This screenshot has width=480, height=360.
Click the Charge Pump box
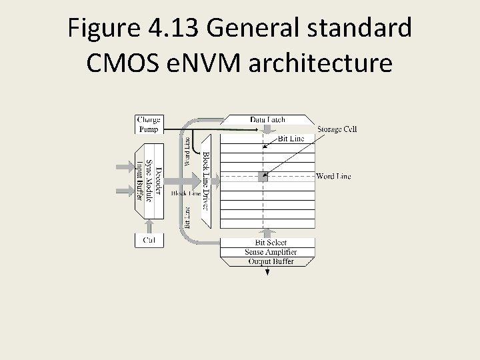click(149, 125)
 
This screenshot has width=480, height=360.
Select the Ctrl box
click(149, 240)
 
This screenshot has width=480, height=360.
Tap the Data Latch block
click(267, 119)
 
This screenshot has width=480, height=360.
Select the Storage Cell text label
click(337, 129)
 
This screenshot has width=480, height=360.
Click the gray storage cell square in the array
click(263, 177)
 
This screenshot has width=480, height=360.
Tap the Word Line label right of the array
click(333, 177)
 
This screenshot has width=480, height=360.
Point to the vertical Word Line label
click(187, 152)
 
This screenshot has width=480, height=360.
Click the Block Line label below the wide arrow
click(185, 193)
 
